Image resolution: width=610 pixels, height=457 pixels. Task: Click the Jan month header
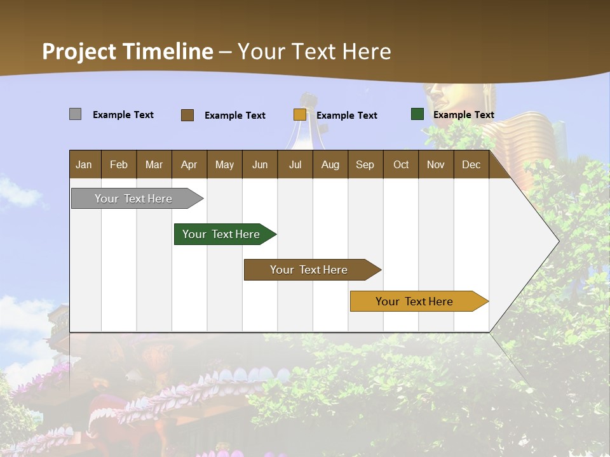(84, 165)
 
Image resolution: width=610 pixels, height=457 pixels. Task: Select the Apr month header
(189, 165)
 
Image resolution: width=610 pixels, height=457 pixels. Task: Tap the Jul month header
(295, 165)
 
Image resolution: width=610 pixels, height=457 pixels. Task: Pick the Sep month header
(365, 165)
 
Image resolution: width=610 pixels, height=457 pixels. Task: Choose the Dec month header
(471, 165)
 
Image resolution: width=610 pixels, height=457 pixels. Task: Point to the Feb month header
(119, 165)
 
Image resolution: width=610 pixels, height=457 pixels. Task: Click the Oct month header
(401, 165)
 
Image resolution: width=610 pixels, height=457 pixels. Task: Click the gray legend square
(75, 114)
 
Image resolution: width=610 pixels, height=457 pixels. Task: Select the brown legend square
(187, 115)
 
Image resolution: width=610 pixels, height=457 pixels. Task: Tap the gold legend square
(300, 115)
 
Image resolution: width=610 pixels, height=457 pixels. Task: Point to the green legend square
(417, 114)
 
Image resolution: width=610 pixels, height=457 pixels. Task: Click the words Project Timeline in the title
(128, 51)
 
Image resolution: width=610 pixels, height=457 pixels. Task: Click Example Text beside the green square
(463, 115)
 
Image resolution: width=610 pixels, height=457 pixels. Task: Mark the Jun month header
(259, 165)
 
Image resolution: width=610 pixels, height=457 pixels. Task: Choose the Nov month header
(435, 165)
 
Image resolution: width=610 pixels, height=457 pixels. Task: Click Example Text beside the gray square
(123, 115)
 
